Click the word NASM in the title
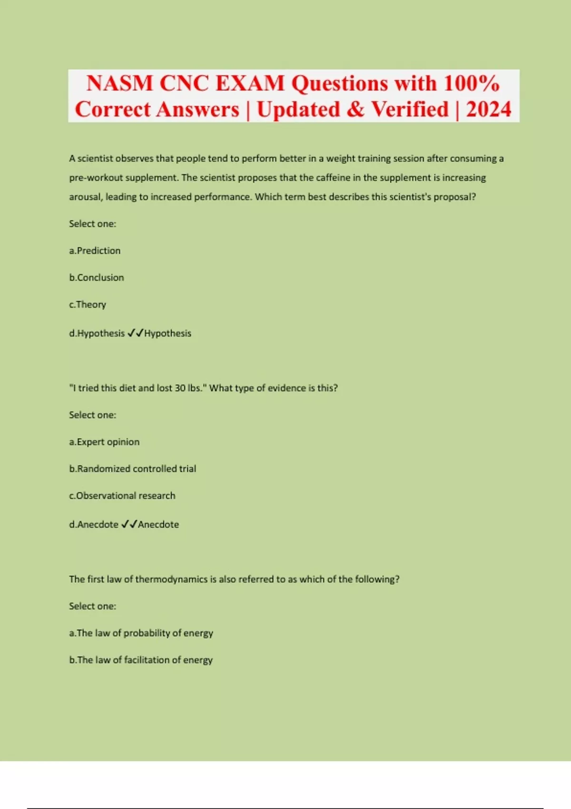tap(119, 84)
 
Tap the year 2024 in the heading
tap(488, 109)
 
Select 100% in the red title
tap(471, 84)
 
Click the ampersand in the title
tap(355, 109)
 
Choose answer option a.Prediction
tap(95, 251)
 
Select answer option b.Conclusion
tap(97, 277)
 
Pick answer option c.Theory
tap(88, 305)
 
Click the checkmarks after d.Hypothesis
tap(136, 333)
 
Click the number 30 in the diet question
tap(180, 388)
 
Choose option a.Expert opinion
tap(104, 442)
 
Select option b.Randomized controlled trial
tap(133, 469)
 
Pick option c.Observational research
tap(122, 496)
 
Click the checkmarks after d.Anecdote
tap(129, 524)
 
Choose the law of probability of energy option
tap(141, 633)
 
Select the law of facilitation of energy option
tap(141, 660)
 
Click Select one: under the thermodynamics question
tap(92, 606)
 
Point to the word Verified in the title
tap(410, 109)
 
